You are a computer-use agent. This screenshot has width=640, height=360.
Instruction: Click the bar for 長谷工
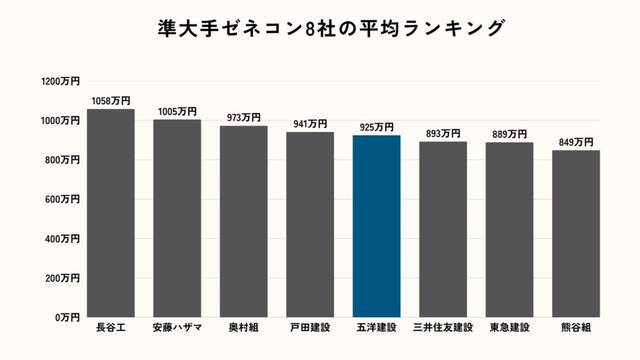click(111, 213)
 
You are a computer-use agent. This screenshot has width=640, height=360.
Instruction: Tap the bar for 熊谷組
click(576, 234)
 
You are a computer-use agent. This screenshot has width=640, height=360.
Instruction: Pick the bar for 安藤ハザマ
click(177, 218)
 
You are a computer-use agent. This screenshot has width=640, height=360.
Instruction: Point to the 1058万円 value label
click(111, 101)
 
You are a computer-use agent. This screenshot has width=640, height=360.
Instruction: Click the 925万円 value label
click(376, 127)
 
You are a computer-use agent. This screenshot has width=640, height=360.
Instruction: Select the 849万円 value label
click(576, 142)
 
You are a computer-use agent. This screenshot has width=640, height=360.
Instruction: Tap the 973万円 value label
click(244, 117)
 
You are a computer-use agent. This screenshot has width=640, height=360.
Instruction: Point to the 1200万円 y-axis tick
click(61, 81)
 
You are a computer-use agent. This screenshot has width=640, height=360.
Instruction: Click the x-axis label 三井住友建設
click(443, 327)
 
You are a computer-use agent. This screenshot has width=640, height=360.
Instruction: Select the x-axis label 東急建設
click(509, 327)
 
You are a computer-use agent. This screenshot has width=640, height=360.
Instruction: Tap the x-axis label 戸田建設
click(310, 327)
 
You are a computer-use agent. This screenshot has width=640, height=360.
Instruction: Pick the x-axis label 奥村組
click(244, 327)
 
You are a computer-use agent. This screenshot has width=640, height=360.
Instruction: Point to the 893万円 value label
click(443, 133)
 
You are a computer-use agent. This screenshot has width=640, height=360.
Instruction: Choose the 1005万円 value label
click(177, 111)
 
